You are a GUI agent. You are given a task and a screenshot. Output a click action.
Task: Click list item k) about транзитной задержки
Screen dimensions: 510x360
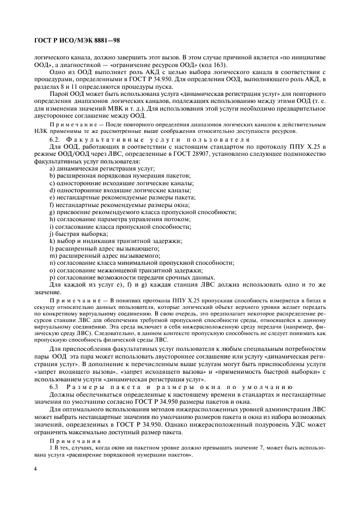point(115,240)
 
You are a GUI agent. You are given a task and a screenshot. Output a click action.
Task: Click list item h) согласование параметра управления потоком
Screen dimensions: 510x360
point(120,218)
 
